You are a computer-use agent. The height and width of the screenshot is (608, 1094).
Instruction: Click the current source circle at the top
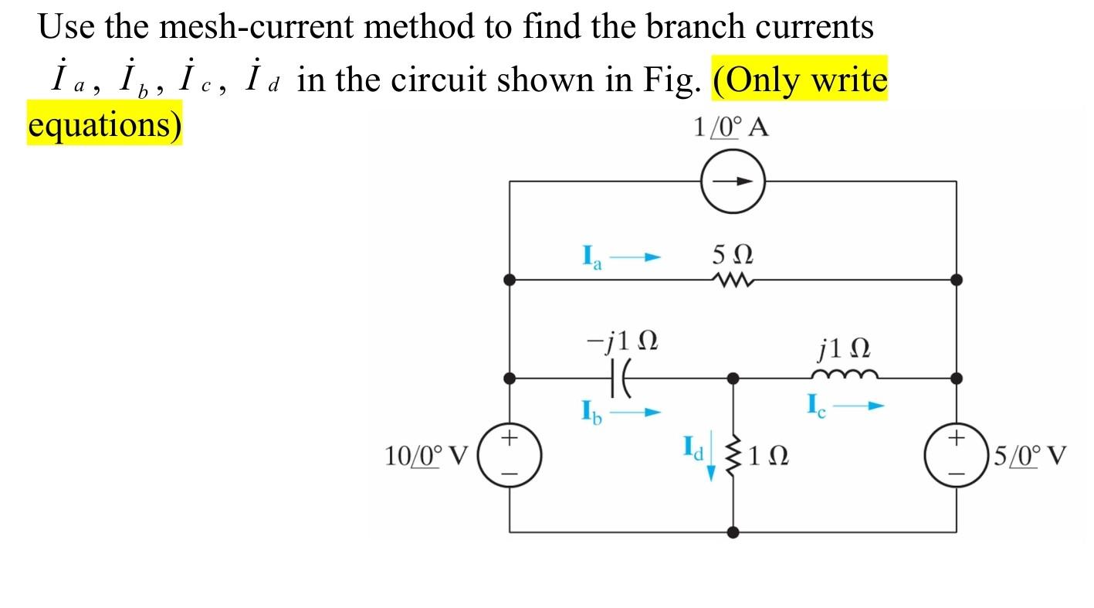coord(733,182)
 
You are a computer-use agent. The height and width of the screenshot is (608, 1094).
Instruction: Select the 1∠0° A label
coord(730,127)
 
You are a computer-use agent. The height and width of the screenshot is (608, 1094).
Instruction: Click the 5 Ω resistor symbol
coord(733,280)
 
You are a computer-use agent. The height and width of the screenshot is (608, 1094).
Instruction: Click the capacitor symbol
coord(622,379)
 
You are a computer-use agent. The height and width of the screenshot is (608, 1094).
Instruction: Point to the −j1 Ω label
coord(622,340)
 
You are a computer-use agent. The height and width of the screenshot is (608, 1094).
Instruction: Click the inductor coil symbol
coord(844,375)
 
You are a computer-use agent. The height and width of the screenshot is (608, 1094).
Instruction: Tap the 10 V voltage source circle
coord(510,456)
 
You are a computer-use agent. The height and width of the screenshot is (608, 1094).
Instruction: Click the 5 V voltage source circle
coord(957,456)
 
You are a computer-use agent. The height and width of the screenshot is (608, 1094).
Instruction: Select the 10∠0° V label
coord(426,457)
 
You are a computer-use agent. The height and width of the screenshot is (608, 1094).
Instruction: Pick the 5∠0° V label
coord(1030,457)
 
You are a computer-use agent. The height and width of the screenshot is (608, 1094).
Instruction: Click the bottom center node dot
coord(733,532)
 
